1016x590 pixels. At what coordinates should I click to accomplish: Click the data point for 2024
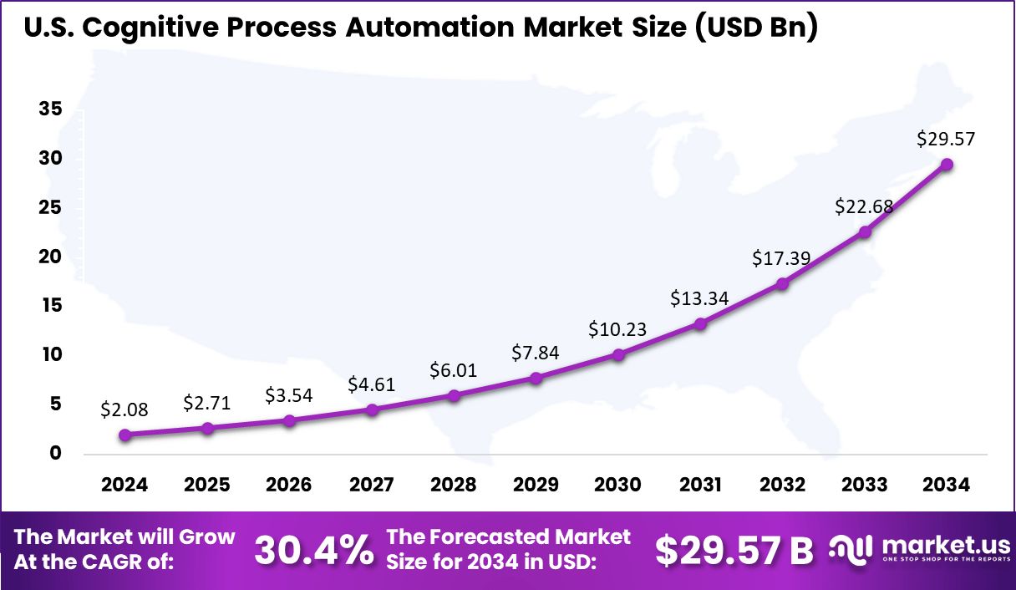coord(124,435)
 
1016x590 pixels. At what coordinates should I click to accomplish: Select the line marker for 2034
coord(947,165)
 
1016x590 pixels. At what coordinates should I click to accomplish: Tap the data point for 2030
coord(618,354)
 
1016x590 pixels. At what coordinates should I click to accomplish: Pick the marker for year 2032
coord(782,284)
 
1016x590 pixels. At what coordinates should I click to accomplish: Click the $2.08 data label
coord(124,409)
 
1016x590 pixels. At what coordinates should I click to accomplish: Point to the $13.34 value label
coord(700,298)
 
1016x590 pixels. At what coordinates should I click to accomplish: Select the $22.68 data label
coord(864,206)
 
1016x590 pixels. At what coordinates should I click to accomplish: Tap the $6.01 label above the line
coord(454,370)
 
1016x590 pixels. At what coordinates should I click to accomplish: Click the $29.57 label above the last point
coord(947,139)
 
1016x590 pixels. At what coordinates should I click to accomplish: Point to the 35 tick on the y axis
coord(49,109)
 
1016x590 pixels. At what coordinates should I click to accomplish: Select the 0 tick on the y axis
coord(55,453)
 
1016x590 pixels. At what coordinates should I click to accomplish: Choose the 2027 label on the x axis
coord(371,486)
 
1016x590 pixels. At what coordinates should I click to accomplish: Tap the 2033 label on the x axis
coord(865,486)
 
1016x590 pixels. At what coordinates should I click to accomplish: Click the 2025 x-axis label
coord(206,486)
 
